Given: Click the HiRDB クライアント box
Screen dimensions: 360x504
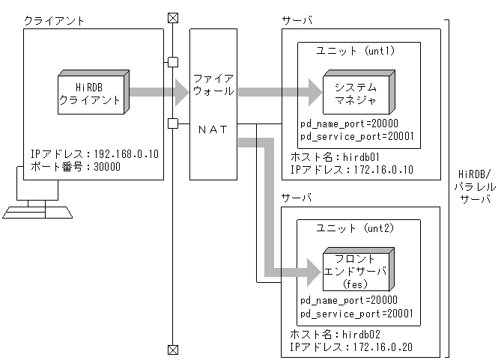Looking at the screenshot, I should pyautogui.click(x=92, y=94).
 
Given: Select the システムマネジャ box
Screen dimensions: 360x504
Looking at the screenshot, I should pyautogui.click(x=357, y=93).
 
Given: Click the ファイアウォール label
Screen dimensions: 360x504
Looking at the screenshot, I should pyautogui.click(x=213, y=85).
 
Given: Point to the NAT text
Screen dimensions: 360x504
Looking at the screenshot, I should pyautogui.click(x=213, y=129).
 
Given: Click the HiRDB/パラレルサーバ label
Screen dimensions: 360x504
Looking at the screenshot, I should pyautogui.click(x=473, y=188).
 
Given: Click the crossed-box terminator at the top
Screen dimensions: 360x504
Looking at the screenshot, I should pyautogui.click(x=172, y=16).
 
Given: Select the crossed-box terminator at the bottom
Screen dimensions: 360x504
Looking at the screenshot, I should pyautogui.click(x=172, y=349).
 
